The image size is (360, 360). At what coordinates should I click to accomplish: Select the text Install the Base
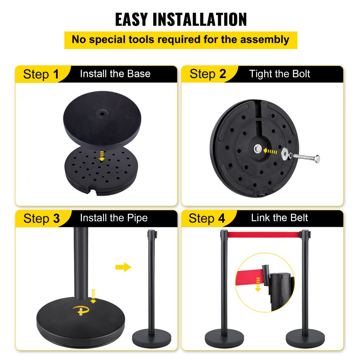pyautogui.click(x=115, y=74)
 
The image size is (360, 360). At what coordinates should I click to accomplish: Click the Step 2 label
pyautogui.click(x=208, y=74)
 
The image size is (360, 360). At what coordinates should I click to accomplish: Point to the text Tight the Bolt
pyautogui.click(x=279, y=74)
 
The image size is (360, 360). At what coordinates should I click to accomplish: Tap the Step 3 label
pyautogui.click(x=41, y=218)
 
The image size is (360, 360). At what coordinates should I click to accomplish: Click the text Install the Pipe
pyautogui.click(x=113, y=218)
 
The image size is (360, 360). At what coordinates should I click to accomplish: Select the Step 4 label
pyautogui.click(x=207, y=218)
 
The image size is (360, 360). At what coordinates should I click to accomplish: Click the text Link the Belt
pyautogui.click(x=279, y=218)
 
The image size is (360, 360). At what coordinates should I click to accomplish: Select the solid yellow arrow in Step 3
pyautogui.click(x=123, y=267)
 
